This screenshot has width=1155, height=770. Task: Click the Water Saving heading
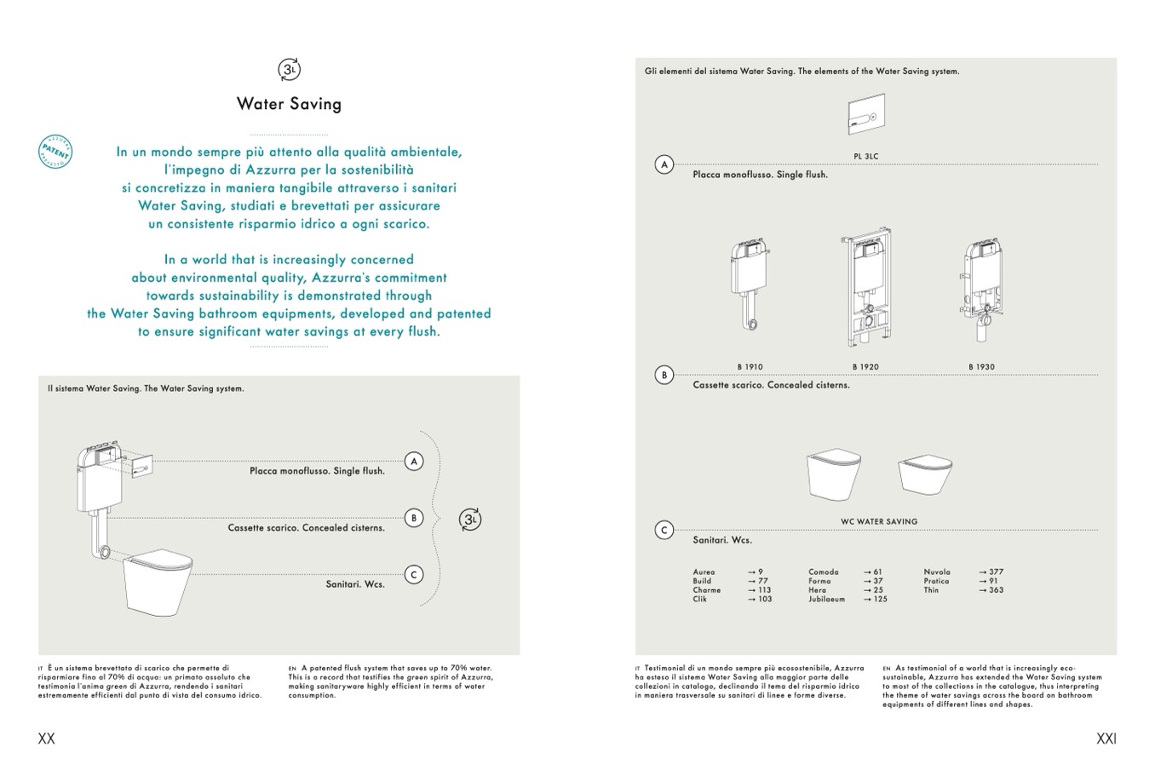(289, 104)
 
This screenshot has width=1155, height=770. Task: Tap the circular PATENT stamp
(55, 151)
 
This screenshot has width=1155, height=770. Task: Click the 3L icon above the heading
(289, 70)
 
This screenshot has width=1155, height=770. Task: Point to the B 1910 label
(750, 367)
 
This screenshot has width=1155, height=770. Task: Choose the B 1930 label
(981, 367)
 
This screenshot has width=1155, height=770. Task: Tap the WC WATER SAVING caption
(879, 521)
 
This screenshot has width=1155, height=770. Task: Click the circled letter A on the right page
(664, 164)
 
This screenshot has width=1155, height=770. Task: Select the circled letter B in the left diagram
(413, 517)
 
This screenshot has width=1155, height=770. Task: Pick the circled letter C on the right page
(664, 530)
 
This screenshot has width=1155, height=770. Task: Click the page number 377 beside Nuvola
(996, 572)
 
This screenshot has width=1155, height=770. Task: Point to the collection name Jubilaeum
(826, 599)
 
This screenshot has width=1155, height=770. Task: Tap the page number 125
(880, 599)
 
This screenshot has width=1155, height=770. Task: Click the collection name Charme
(706, 590)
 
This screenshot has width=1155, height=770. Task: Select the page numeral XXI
(1106, 738)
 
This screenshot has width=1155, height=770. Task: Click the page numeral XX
(47, 738)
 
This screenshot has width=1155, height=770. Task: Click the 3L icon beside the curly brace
(469, 520)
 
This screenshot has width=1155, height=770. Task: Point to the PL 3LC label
(865, 157)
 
